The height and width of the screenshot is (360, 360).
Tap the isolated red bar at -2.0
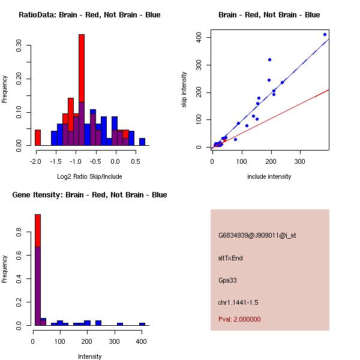pos(38,137)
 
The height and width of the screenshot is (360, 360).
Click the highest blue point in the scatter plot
pos(325,34)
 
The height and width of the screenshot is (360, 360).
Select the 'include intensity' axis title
pos(269,176)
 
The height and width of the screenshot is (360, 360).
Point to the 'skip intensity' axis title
pos(184,90)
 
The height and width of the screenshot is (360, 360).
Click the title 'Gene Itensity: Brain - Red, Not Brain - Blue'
pos(89,195)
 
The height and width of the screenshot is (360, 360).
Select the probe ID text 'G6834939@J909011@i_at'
pos(257,235)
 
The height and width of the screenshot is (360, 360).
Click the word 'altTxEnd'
pos(230,258)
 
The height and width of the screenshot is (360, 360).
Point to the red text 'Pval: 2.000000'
pos(239,319)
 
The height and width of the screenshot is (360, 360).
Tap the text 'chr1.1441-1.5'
pos(238,302)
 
